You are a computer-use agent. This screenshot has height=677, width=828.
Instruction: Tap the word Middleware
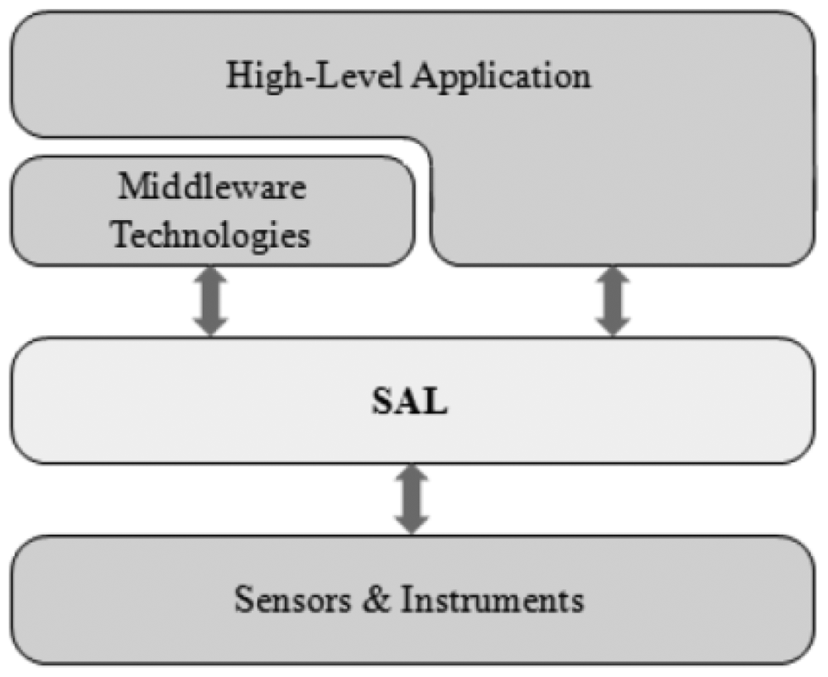coord(211,187)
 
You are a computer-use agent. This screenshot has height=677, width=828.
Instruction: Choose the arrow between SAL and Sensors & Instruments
coord(412,499)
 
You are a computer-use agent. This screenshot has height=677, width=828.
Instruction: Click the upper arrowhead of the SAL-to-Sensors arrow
coord(412,475)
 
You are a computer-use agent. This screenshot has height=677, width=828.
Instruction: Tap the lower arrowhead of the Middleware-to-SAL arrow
coord(210,325)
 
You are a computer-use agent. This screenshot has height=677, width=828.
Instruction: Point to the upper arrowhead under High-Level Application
coord(612,278)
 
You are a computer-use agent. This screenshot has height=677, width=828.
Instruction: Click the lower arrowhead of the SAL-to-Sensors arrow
coord(412,524)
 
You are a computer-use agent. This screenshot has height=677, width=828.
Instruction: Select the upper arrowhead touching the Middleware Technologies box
coord(210,278)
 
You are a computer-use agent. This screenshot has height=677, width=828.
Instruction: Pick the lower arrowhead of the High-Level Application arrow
coord(612,325)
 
